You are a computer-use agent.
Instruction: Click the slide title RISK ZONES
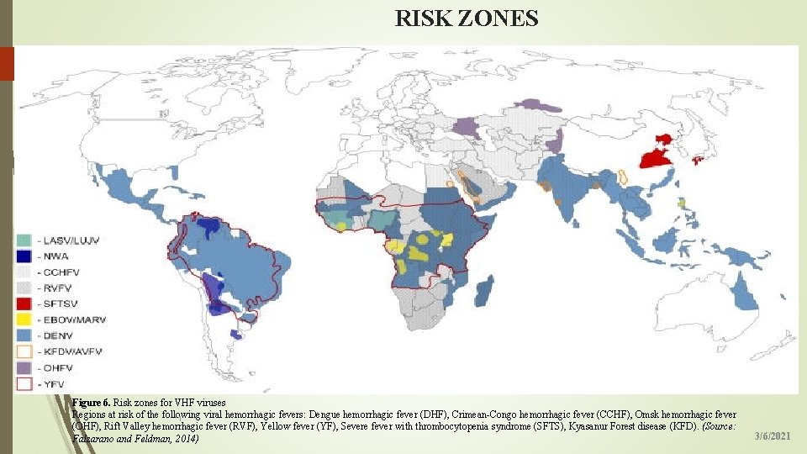pyautogui.click(x=467, y=18)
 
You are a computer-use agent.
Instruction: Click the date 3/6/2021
pyautogui.click(x=772, y=436)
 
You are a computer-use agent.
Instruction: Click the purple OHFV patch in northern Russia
pyautogui.click(x=537, y=105)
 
